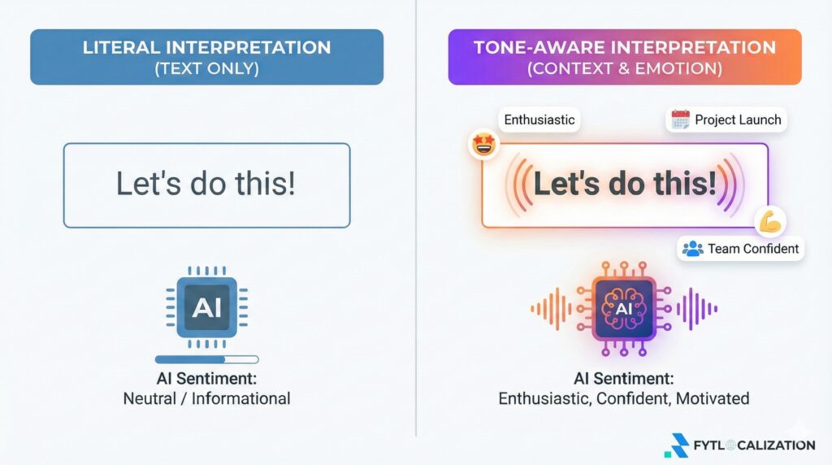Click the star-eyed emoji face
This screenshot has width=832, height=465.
click(x=484, y=145)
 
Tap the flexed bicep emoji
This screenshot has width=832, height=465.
click(x=771, y=222)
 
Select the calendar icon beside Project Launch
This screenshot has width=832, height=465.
click(x=680, y=120)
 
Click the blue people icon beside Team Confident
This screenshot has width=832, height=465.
click(x=692, y=249)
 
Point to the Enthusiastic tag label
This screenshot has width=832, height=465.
click(x=539, y=120)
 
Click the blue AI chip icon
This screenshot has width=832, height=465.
click(x=207, y=307)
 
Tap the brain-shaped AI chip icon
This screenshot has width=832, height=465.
click(x=624, y=308)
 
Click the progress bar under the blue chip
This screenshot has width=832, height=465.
click(x=207, y=359)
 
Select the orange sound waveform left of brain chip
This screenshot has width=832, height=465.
click(x=552, y=308)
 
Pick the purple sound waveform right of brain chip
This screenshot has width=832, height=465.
click(x=696, y=308)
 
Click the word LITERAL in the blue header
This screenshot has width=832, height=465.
click(x=121, y=48)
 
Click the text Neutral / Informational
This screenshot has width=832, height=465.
click(x=206, y=398)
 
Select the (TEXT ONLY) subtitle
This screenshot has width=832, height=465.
click(x=207, y=69)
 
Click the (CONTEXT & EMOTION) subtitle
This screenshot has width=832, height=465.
click(x=625, y=69)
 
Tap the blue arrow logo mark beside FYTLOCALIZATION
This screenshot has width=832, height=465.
click(x=677, y=445)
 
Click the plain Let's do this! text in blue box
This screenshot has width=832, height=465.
click(x=206, y=184)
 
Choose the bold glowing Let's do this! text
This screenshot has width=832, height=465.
click(x=625, y=184)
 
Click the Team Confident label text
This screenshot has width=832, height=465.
click(x=753, y=249)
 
